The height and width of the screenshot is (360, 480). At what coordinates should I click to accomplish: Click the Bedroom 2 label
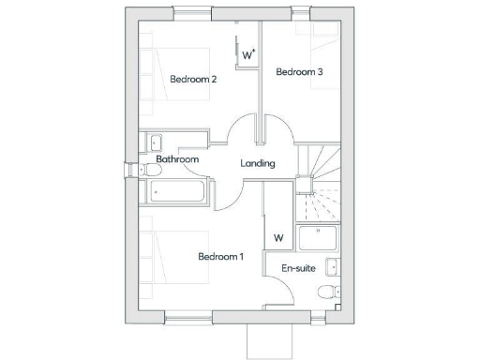pyautogui.click(x=193, y=80)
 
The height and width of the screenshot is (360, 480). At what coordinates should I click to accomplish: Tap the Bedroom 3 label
pyautogui.click(x=299, y=72)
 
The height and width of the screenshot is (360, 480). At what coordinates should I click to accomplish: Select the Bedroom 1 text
pyautogui.click(x=220, y=256)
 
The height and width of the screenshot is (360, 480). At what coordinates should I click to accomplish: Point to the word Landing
pyautogui.click(x=258, y=163)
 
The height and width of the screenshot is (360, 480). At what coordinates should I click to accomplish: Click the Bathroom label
pyautogui.click(x=178, y=159)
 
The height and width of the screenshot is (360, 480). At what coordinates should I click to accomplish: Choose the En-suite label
pyautogui.click(x=298, y=268)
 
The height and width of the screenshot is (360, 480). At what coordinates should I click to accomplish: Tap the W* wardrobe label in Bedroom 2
pyautogui.click(x=248, y=55)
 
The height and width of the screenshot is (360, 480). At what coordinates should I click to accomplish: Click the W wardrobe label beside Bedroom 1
pyautogui.click(x=278, y=237)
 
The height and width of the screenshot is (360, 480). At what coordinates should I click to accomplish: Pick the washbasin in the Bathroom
pyautogui.click(x=155, y=142)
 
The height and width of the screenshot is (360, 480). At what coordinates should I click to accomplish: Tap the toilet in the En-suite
pyautogui.click(x=326, y=292)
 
